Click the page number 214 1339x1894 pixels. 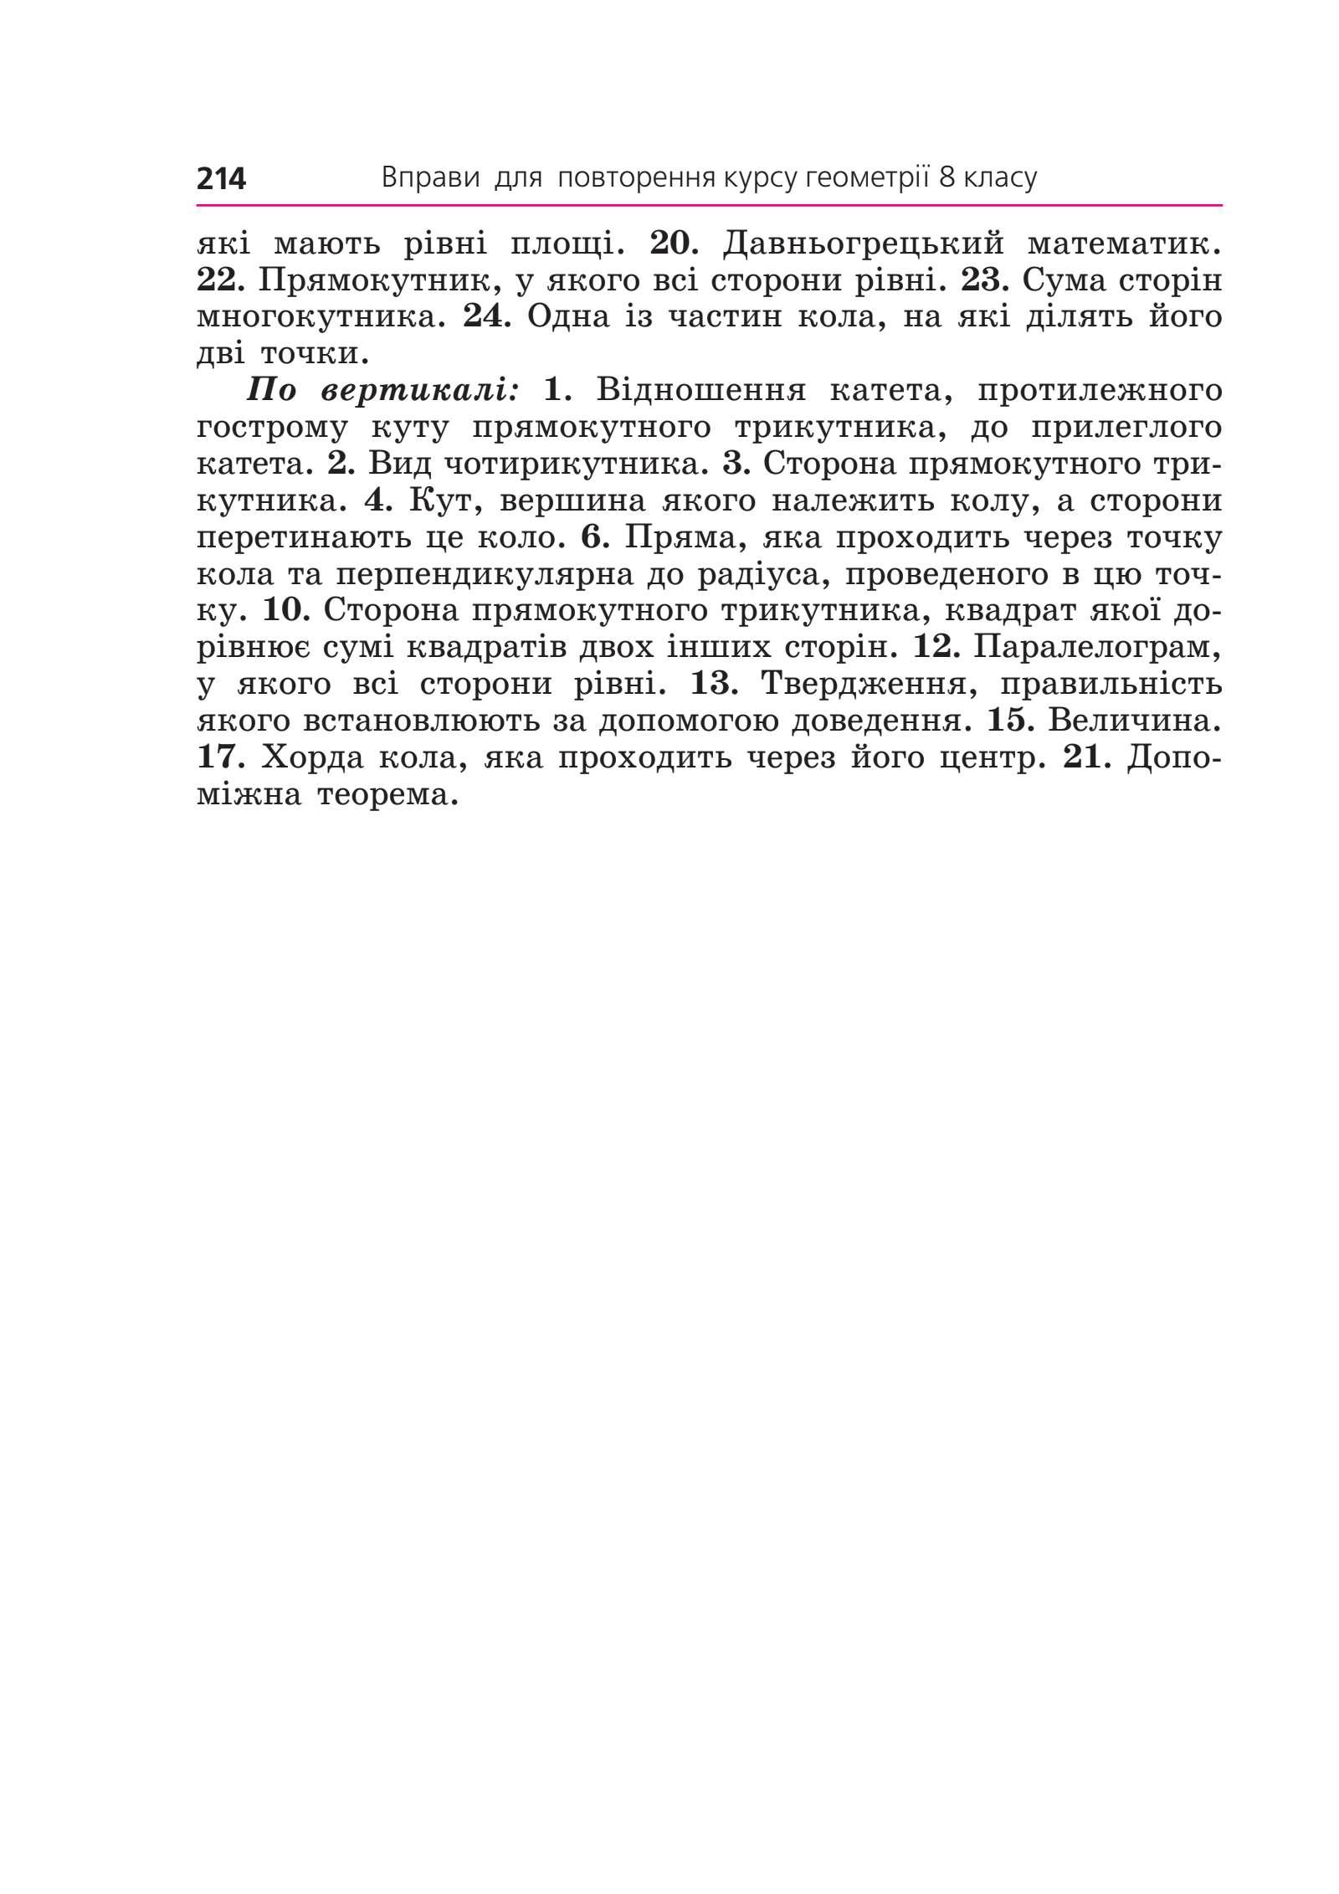pyautogui.click(x=221, y=179)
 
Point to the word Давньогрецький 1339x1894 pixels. pyautogui.click(x=863, y=244)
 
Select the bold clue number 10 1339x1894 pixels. pyautogui.click(x=286, y=610)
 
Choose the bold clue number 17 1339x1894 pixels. pyautogui.click(x=220, y=757)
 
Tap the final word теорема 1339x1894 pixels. pyautogui.click(x=388, y=794)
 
